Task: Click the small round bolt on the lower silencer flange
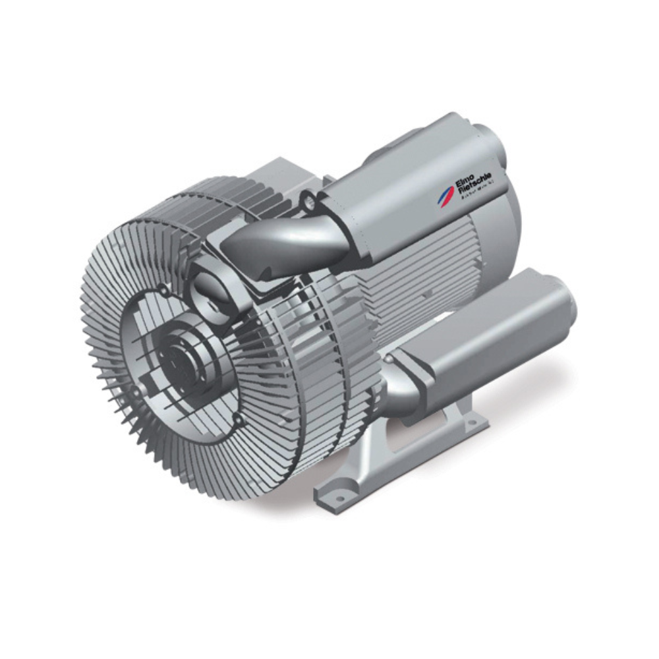tap(389, 360)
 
